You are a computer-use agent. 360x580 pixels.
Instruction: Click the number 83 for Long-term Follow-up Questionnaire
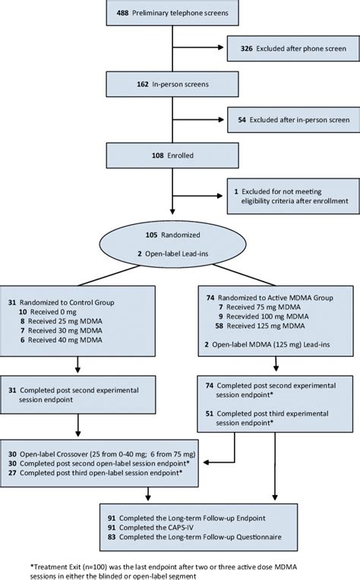114,537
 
